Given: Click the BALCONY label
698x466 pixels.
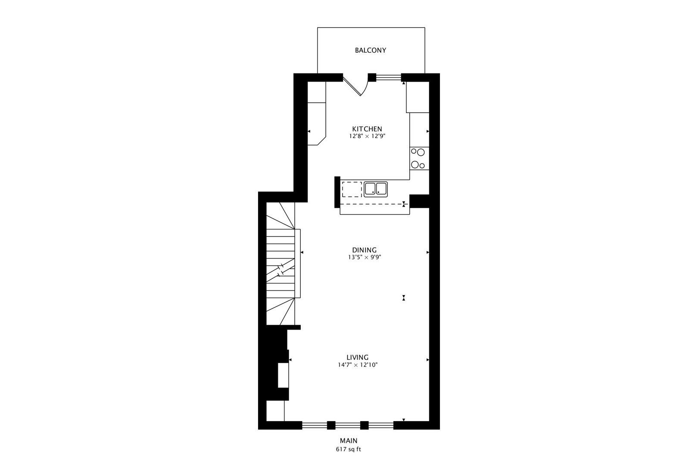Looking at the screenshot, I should pos(371,50).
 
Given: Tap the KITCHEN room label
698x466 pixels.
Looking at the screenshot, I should pos(367,129).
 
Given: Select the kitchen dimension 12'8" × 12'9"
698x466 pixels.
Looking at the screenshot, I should pos(367,136).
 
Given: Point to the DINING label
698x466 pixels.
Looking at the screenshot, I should pos(365,250).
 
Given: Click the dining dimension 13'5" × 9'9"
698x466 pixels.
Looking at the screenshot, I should pos(365,257).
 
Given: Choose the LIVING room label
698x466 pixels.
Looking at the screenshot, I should pos(358,357).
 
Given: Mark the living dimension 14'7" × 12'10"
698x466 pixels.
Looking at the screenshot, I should pos(358,365).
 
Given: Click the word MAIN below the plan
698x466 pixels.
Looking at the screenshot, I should pos(349,441).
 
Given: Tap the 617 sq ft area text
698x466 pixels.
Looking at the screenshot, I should pos(349,449).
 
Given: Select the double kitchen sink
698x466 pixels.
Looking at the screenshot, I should pos(376,189).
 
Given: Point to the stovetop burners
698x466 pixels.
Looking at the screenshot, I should pos(418,158).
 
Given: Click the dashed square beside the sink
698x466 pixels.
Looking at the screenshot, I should pos(352,189).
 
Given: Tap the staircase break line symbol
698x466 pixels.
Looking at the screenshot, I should pos(281,270).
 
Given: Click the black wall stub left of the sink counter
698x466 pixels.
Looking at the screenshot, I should pos(337,192).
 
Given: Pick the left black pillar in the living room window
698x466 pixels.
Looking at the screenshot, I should pos(331,425).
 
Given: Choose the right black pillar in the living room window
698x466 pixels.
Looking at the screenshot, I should pos(364,425).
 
